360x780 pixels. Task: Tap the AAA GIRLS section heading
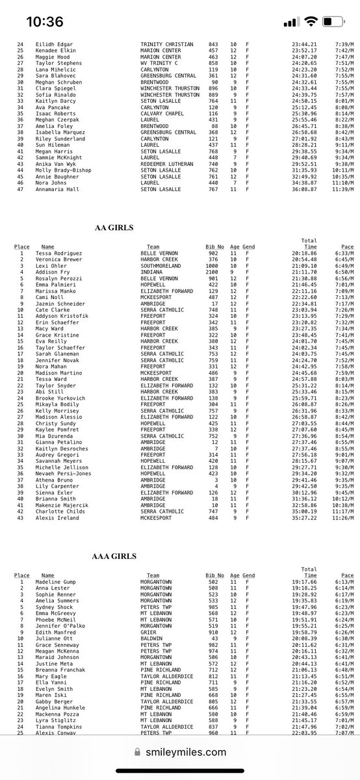tap(116, 557)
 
